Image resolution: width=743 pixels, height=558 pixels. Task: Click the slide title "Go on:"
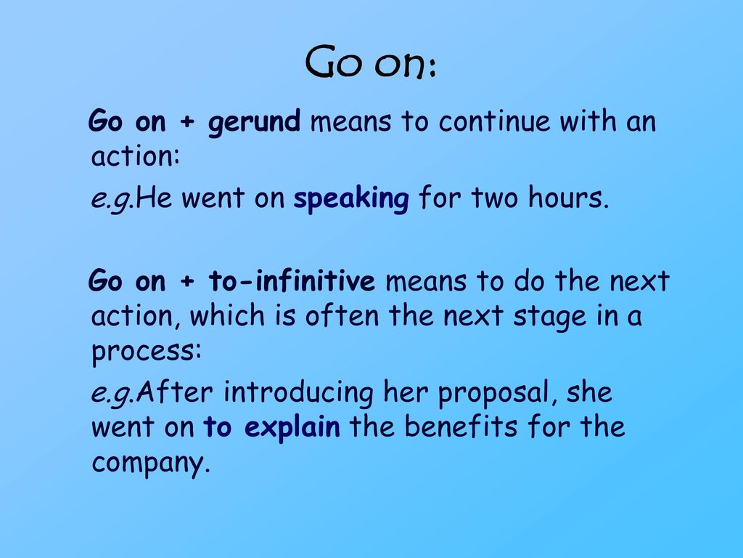(371, 62)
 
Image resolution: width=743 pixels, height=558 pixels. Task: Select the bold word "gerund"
(254, 122)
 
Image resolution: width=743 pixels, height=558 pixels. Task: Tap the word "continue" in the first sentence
(494, 121)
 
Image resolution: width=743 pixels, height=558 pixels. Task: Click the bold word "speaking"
(351, 198)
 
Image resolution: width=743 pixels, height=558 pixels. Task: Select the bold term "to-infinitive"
(292, 280)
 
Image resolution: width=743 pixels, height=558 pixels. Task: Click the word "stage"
(549, 317)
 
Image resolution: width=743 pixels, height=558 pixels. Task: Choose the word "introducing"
(298, 393)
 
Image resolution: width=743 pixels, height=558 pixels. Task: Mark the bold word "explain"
(292, 428)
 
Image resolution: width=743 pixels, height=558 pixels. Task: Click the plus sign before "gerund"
(187, 122)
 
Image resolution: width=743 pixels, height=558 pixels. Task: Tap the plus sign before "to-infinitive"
(187, 281)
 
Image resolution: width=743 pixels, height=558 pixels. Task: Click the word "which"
(227, 315)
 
